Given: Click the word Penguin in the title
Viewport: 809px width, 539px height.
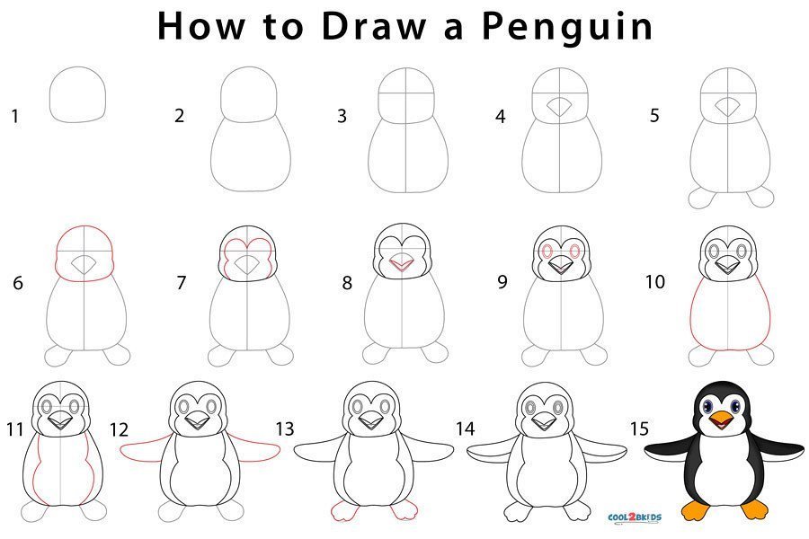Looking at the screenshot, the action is [x=567, y=27].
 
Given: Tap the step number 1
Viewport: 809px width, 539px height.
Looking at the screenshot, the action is [x=15, y=116].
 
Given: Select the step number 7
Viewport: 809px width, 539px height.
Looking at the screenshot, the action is [x=181, y=283].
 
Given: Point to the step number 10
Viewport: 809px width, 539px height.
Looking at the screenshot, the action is [x=655, y=281].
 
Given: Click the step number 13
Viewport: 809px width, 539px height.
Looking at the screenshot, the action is [x=285, y=429].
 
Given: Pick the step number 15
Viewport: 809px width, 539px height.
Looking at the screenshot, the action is [x=639, y=429].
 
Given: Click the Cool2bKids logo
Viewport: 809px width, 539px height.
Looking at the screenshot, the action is [x=634, y=517].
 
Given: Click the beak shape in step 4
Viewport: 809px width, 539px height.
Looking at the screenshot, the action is [x=559, y=107].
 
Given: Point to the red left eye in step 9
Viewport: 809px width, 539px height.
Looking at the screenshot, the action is [x=547, y=252].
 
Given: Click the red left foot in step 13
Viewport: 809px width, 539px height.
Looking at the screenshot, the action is [x=344, y=510].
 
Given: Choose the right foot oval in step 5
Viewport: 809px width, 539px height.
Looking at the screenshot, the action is [x=760, y=197].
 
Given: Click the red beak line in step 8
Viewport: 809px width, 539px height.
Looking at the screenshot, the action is [x=402, y=266].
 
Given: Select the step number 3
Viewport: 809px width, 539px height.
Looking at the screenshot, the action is [x=342, y=116].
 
